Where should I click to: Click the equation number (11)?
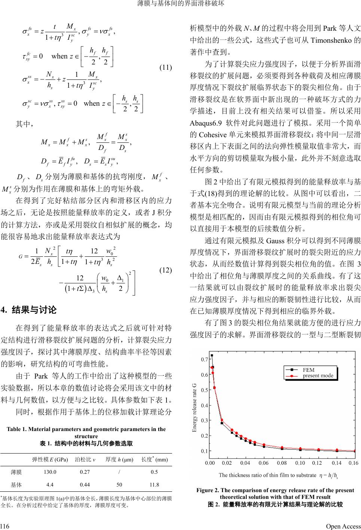point(165,68)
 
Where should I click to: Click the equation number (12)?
point(165,270)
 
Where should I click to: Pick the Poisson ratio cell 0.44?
point(85,484)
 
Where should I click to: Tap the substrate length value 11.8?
point(154,484)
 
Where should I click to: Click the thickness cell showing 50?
point(119,484)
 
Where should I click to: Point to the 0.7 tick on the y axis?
point(204,359)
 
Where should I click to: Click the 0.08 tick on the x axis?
point(282,463)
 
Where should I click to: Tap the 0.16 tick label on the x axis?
point(353,463)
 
